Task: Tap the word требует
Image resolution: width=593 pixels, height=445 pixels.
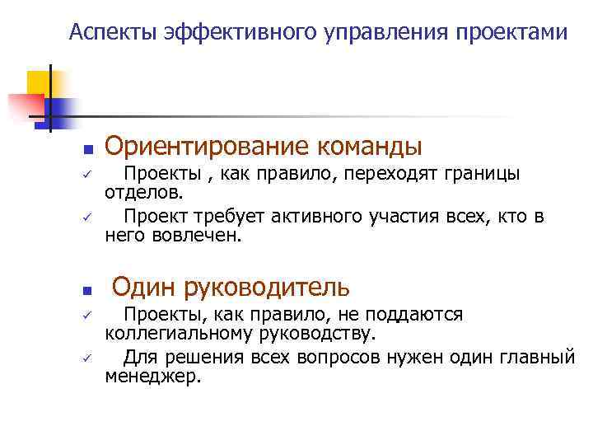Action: pyautogui.click(x=227, y=218)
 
